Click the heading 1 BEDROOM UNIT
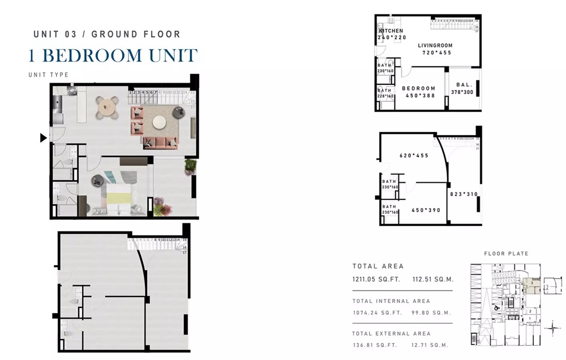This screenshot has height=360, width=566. [113, 55]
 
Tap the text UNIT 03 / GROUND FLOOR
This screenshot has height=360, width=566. [107, 34]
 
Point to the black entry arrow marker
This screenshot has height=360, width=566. [43, 138]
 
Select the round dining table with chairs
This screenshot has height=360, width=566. [108, 106]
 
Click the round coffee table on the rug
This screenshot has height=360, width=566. [160, 121]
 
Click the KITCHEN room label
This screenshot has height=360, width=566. [391, 31]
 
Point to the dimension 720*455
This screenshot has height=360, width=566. [437, 52]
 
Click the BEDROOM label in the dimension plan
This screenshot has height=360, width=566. [418, 88]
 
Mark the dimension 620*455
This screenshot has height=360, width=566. [413, 155]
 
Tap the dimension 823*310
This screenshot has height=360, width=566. [464, 194]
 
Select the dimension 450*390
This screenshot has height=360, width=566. [426, 210]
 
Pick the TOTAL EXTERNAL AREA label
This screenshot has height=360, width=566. [391, 333]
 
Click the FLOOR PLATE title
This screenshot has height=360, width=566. [505, 254]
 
